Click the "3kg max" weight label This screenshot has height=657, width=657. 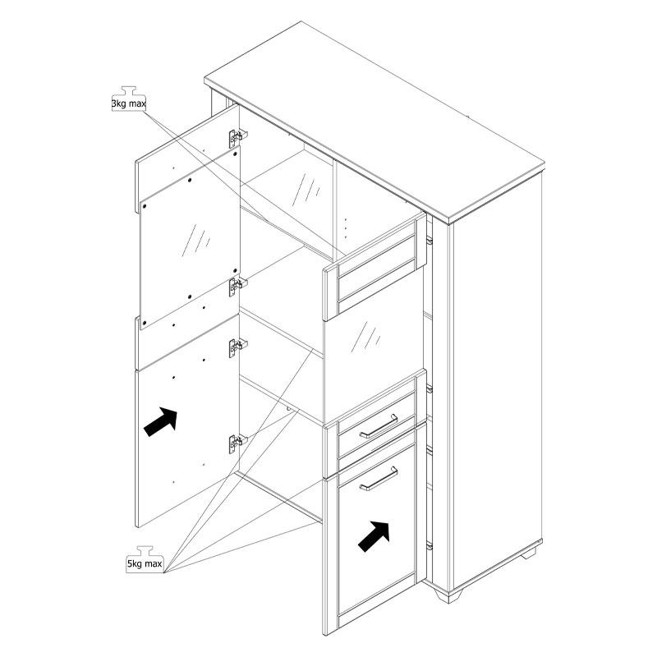129,103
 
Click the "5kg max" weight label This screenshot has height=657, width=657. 145,564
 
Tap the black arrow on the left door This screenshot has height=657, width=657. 161,422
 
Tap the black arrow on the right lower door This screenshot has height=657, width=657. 374,536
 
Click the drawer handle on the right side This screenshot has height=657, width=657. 379,426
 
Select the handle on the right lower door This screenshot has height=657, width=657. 379,479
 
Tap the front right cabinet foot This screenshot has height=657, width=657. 448,595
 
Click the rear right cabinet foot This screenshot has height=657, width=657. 529,553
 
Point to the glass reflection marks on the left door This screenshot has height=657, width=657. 195,240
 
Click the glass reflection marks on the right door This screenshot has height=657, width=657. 365,337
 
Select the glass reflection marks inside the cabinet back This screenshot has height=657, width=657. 306,189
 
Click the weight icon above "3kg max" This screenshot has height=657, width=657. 129,91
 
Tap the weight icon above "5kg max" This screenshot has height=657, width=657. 145,551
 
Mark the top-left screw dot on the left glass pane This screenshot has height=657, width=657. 145,207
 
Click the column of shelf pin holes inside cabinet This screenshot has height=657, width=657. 345,229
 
